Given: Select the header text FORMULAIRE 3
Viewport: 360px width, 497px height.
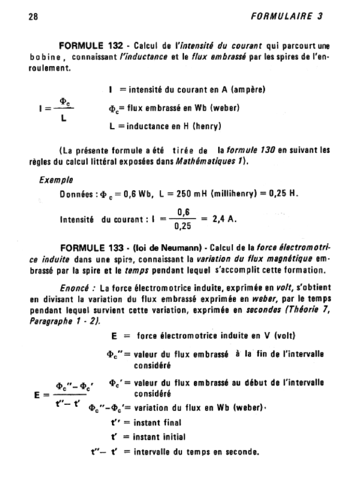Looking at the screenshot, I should tap(288, 16).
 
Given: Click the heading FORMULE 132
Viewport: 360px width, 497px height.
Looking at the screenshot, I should tap(90, 46).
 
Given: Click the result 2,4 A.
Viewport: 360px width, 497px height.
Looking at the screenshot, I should tap(224, 219).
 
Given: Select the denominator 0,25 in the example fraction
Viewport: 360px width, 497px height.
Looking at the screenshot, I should tap(182, 226).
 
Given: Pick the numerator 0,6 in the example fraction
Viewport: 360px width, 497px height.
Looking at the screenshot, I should tap(183, 212).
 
